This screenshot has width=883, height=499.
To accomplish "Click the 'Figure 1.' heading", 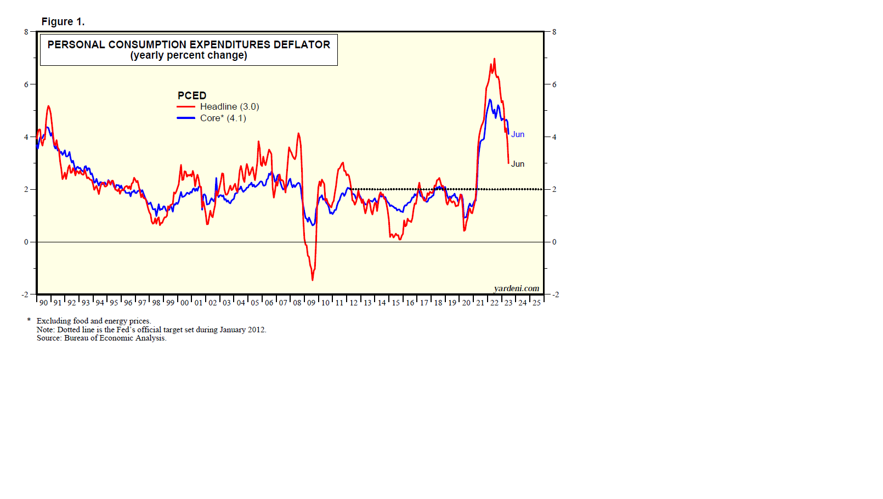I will [63, 22].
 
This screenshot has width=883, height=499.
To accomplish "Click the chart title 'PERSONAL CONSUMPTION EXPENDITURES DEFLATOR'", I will [189, 44].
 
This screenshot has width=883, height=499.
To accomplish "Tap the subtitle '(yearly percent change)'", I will [189, 55].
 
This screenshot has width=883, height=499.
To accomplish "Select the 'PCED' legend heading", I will [192, 95].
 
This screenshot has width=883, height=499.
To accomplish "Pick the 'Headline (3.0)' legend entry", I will [229, 107].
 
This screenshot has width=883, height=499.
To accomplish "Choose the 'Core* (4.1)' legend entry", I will [223, 118].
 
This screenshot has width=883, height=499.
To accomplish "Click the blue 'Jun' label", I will [518, 134].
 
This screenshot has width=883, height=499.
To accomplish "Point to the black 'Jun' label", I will [518, 164].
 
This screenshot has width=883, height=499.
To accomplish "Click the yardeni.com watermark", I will [516, 288].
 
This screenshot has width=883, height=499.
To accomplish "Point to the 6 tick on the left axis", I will [26, 84].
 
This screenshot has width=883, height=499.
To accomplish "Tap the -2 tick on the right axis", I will [555, 294].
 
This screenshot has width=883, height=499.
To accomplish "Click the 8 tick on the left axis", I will [26, 32].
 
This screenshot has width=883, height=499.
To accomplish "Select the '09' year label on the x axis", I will [311, 303].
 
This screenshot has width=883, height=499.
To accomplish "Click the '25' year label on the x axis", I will [536, 303].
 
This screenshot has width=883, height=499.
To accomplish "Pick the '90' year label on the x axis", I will [43, 303].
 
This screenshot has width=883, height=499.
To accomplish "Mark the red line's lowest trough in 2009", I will [313, 280].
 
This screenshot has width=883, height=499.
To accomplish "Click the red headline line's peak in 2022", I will [494, 59].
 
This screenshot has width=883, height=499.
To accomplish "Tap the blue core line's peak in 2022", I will [490, 100].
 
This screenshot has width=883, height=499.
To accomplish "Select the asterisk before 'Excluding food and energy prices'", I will [29, 320].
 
